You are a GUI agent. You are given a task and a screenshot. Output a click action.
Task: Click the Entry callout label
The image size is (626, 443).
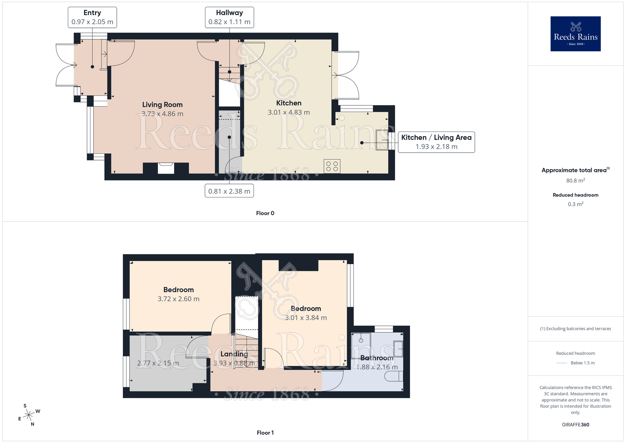(92, 18)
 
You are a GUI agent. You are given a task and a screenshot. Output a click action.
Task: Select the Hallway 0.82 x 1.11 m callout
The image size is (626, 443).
(229, 18)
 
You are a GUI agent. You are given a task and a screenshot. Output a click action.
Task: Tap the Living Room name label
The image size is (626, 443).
(162, 105)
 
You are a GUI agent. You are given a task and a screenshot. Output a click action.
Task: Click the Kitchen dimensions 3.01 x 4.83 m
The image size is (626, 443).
(289, 112)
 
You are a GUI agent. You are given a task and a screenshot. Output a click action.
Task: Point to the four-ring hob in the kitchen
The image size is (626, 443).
(332, 166)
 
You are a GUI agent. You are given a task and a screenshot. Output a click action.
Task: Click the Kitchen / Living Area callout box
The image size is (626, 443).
(436, 142)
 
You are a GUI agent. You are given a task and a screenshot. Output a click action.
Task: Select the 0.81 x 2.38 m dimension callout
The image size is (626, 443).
(229, 191)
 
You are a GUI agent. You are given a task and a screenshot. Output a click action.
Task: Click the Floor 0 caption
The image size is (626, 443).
(265, 213)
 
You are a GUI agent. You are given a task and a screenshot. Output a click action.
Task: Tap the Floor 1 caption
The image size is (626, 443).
(265, 433)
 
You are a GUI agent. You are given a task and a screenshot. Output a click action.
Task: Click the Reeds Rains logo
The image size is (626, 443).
(575, 34)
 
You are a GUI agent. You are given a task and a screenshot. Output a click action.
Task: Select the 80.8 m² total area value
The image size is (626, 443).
(575, 180)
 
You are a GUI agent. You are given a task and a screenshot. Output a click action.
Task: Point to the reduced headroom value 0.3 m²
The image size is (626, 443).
(575, 204)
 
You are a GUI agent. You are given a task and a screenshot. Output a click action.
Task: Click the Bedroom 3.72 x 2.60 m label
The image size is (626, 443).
(178, 294)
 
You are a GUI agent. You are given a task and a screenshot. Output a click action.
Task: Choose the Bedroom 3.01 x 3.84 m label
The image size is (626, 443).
(306, 313)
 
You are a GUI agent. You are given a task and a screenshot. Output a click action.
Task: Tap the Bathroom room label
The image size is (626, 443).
(377, 358)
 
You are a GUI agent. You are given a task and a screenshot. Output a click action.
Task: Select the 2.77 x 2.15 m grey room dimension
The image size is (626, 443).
(158, 363)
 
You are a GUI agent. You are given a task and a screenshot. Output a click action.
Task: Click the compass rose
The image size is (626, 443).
(29, 415)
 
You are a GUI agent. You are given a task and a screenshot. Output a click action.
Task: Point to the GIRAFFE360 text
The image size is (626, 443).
(575, 425)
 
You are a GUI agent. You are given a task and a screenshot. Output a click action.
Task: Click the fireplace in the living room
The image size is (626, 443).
(166, 168)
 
